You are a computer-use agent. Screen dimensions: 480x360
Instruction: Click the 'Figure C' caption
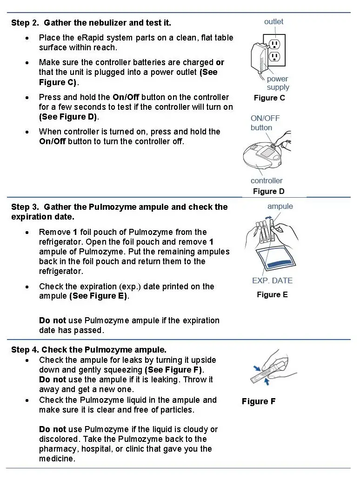click(269, 98)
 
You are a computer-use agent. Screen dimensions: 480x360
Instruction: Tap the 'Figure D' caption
click(268, 191)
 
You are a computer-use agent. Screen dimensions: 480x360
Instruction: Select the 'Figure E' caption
click(272, 294)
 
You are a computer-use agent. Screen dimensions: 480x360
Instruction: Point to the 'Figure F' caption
click(259, 401)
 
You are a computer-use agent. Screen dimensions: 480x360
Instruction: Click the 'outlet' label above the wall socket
click(273, 22)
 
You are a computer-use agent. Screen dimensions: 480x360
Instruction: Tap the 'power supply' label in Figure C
click(278, 83)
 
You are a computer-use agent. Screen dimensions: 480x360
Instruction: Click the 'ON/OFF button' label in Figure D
click(265, 123)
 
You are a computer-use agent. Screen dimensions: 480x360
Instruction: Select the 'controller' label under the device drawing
click(267, 180)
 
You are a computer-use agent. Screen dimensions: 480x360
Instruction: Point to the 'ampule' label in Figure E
click(280, 206)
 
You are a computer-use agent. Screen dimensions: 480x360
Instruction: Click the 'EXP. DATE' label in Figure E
click(272, 280)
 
